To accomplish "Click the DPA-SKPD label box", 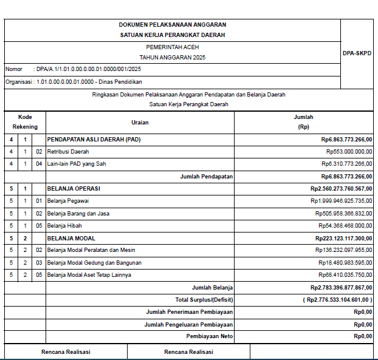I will click(x=357, y=53).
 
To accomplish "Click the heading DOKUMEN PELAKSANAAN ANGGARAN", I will click(x=173, y=25).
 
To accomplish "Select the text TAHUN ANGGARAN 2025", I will click(x=173, y=58).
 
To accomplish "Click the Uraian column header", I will click(x=140, y=122).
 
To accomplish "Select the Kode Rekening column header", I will click(x=25, y=122).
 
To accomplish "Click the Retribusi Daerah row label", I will click(x=68, y=151).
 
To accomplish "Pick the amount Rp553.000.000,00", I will click(x=349, y=151).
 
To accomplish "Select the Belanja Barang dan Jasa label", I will click(x=78, y=214).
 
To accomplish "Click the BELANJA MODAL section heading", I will click(x=71, y=239).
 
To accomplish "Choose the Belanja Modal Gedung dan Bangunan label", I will click(x=94, y=263).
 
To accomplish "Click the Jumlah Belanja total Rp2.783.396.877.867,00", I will click(x=341, y=288).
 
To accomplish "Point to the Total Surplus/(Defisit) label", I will click(x=204, y=300).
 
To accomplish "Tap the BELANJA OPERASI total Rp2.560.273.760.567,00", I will click(x=341, y=189).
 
